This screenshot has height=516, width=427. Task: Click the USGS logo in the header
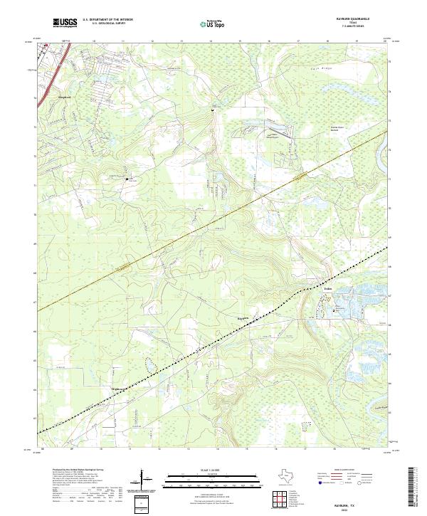pos(65,23)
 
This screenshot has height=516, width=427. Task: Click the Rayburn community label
pos(243,317)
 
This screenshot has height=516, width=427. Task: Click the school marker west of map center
pos(127,179)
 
